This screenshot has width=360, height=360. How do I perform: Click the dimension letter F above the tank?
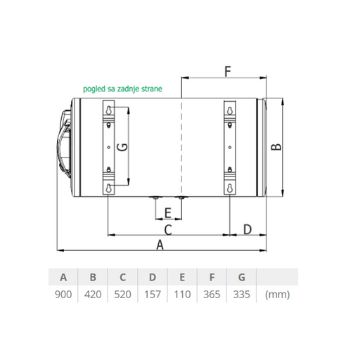(x=228, y=71)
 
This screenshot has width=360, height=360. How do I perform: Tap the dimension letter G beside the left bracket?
(x=122, y=147)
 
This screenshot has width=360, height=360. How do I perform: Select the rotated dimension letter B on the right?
(x=276, y=147)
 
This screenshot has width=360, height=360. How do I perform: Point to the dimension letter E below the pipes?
(x=168, y=213)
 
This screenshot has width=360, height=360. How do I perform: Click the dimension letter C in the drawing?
(x=168, y=230)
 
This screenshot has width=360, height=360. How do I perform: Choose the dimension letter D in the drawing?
(x=247, y=229)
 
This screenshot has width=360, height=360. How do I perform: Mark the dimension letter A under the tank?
(x=160, y=245)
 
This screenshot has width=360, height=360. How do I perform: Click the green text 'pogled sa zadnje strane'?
(x=122, y=89)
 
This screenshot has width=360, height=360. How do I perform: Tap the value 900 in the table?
(x=63, y=295)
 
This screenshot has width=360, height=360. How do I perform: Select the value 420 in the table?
(x=93, y=295)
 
